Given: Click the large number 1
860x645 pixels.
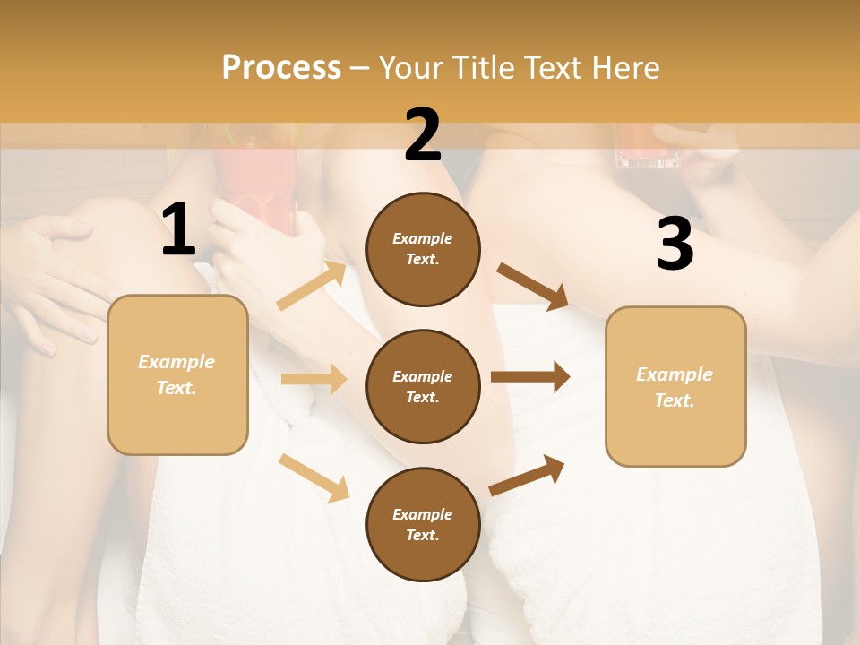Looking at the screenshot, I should pyautogui.click(x=178, y=230).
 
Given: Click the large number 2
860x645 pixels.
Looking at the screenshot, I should pyautogui.click(x=423, y=136).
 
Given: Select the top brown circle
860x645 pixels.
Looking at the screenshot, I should pyautogui.click(x=423, y=249).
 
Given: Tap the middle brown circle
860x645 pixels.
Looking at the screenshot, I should pyautogui.click(x=423, y=386).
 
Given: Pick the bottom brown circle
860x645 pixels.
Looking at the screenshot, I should pyautogui.click(x=423, y=524).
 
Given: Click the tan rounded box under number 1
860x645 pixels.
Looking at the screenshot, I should pyautogui.click(x=177, y=374).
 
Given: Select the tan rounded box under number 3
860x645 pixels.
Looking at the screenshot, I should pyautogui.click(x=675, y=386).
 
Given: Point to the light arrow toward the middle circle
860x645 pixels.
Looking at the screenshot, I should pyautogui.click(x=314, y=379).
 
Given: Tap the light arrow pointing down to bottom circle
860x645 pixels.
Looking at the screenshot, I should pyautogui.click(x=314, y=477).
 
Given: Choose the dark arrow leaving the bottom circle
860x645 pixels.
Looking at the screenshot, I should pyautogui.click(x=528, y=475).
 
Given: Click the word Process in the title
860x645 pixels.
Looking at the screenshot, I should pyautogui.click(x=281, y=67).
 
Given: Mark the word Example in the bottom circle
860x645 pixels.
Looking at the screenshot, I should pyautogui.click(x=423, y=514).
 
